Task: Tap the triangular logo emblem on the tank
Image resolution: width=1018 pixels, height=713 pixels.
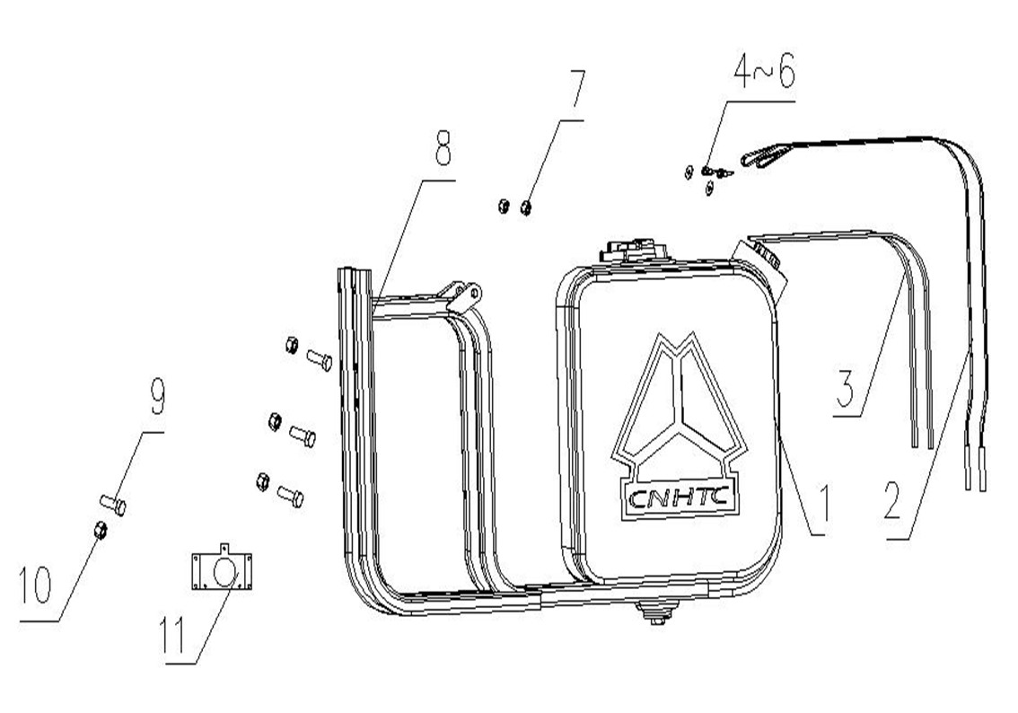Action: [x=680, y=401]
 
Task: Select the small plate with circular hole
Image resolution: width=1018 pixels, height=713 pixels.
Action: [x=221, y=568]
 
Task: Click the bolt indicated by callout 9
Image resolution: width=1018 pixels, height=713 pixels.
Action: [x=113, y=504]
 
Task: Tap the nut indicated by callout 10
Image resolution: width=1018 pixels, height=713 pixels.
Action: [x=101, y=531]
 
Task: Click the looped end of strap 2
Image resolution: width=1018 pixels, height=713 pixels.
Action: [x=761, y=157]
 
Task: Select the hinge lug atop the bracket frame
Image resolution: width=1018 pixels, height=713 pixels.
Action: [x=463, y=294]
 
